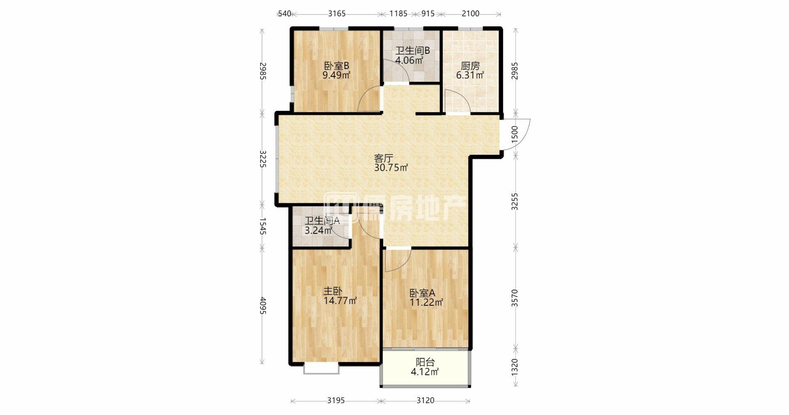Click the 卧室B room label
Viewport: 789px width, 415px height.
click(336, 66)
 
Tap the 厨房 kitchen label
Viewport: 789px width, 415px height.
click(470, 66)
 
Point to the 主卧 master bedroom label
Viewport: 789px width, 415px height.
click(333, 291)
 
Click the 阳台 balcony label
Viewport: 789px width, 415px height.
click(425, 362)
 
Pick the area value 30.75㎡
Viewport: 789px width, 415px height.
click(391, 168)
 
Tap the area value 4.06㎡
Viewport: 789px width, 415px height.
click(409, 60)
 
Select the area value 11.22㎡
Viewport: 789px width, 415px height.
click(426, 303)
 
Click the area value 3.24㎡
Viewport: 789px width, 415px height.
click(318, 231)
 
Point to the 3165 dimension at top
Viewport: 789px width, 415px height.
click(337, 14)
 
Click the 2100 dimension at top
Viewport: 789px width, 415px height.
click(470, 14)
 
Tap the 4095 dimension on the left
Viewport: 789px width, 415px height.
click(263, 306)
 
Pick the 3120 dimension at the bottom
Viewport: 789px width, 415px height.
click(425, 400)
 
